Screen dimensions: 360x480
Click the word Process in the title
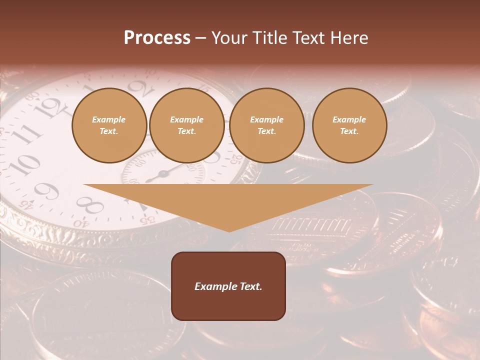[157, 38]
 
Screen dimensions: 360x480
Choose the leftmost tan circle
[109, 125]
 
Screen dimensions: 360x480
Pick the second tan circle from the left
[187, 125]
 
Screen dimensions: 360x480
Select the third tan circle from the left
[267, 125]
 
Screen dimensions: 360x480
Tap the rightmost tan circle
[349, 125]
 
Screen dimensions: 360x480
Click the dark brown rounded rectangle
[228, 286]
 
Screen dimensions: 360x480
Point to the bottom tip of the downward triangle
[229, 231]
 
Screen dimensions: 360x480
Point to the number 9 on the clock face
[46, 191]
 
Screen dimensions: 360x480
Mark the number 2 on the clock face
[141, 89]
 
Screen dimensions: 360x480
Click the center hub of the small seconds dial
[163, 174]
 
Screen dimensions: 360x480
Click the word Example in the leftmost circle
[108, 119]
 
